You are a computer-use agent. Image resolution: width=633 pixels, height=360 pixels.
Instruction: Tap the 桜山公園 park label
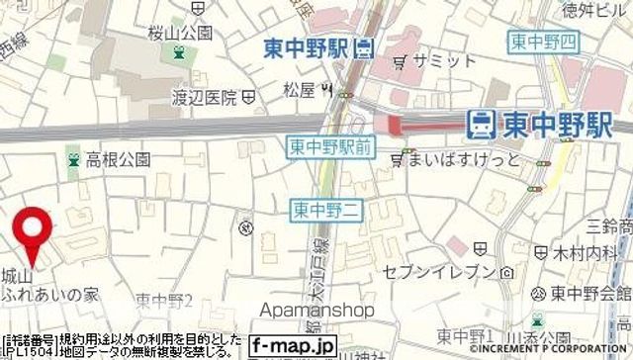pos(179,33)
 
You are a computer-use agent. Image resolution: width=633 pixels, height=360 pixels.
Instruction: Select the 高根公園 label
pos(117,158)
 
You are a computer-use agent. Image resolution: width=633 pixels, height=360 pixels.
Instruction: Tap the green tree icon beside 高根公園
pos(71,158)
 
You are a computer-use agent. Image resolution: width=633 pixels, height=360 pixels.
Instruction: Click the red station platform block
pos(396,124)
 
